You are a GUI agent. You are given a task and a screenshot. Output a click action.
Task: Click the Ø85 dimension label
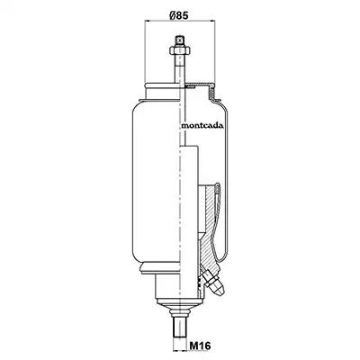click(x=178, y=15)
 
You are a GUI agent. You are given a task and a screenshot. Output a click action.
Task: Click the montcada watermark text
click(x=202, y=126)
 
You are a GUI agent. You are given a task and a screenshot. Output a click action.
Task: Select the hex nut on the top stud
click(x=178, y=50)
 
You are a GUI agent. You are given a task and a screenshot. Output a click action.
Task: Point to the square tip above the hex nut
click(x=179, y=40)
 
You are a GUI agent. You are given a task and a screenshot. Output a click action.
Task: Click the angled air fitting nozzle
click(x=214, y=283)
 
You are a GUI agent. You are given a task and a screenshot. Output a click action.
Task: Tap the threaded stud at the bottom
click(x=179, y=332)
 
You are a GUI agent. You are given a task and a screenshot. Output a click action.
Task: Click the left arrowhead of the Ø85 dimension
click(x=147, y=21)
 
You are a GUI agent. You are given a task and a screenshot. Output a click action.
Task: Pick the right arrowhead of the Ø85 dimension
click(x=212, y=21)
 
